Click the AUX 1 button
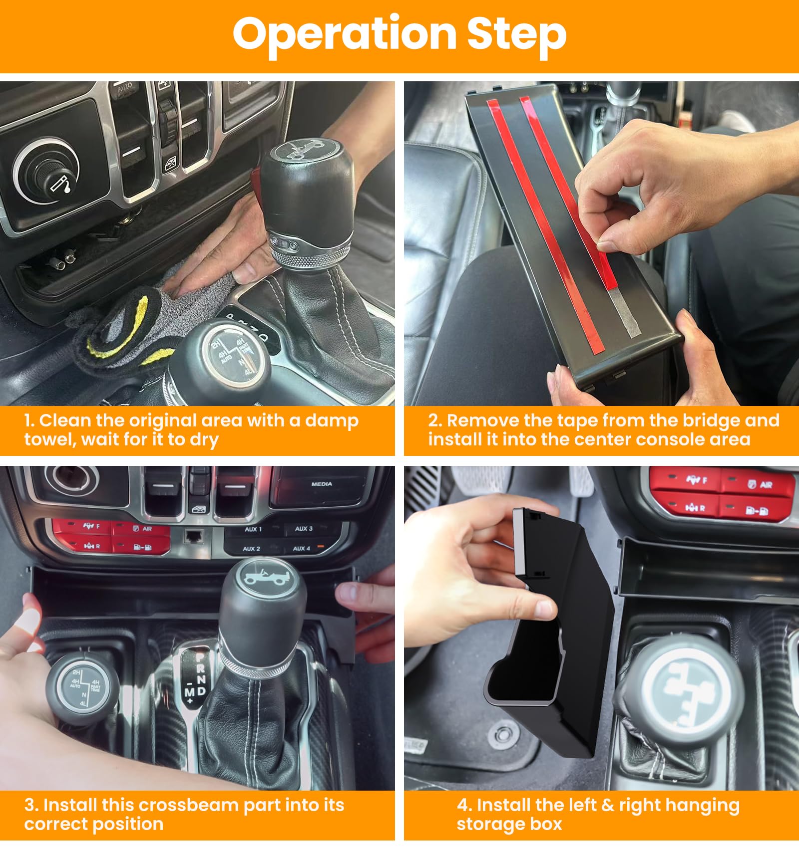click(253, 529)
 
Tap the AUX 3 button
click(304, 529)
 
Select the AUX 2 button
click(252, 549)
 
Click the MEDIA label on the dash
click(322, 484)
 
